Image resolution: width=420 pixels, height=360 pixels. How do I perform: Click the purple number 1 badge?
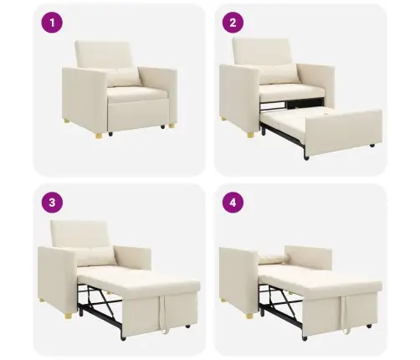[x=52, y=23]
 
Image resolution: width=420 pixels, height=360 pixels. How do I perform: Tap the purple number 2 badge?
[x=233, y=23]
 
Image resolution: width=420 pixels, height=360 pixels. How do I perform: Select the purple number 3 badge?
[x=52, y=203]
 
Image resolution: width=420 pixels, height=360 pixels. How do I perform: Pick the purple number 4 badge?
[x=233, y=203]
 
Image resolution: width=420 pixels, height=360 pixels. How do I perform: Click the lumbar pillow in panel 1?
[x=123, y=78]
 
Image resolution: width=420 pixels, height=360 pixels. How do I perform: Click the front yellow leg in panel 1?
[x=99, y=136]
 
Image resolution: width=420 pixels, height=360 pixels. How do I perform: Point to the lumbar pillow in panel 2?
[x=280, y=73]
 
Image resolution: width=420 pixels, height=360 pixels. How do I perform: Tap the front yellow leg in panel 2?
[x=251, y=135]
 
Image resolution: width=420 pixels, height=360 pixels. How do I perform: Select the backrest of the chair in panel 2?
[x=262, y=52]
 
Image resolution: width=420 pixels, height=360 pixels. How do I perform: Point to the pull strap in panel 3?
[x=163, y=314]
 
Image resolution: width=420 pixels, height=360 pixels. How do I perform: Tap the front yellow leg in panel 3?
[x=69, y=316]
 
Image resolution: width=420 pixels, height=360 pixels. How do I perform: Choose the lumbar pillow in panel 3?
[x=96, y=256]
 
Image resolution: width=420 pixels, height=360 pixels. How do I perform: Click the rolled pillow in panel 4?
[x=273, y=259]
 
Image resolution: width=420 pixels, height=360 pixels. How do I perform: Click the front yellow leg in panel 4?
[x=249, y=316]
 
